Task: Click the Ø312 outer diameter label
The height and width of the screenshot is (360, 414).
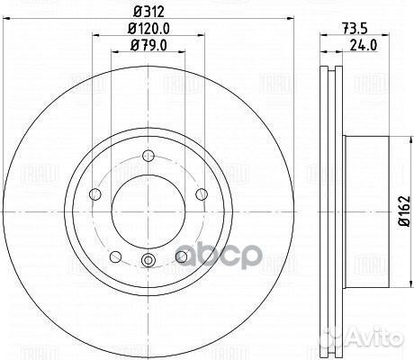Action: pos(148,12)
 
